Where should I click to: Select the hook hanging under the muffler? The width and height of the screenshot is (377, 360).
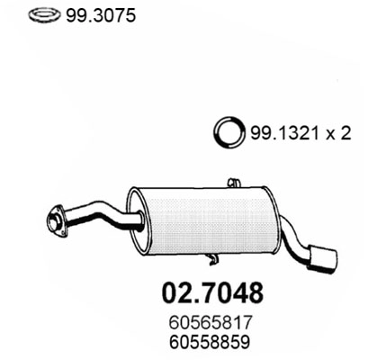(212, 260)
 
